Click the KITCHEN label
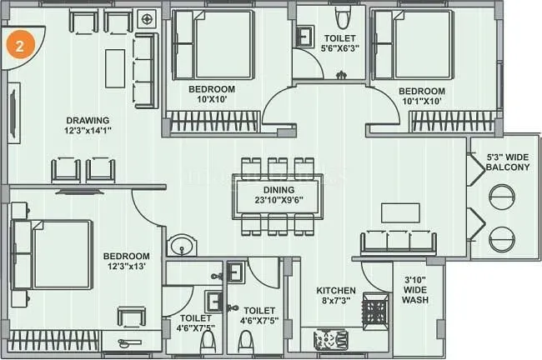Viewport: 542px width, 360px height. [x=336, y=291]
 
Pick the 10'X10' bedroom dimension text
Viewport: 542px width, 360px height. [x=211, y=99]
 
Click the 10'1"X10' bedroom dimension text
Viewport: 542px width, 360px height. [x=421, y=102]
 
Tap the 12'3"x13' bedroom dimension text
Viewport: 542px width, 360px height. [x=126, y=267]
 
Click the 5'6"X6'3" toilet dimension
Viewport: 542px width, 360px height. [x=339, y=49]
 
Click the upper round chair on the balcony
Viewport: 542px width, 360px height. [x=504, y=197]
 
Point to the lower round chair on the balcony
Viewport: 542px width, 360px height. [x=504, y=237]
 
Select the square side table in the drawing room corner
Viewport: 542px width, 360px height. [x=147, y=18]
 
